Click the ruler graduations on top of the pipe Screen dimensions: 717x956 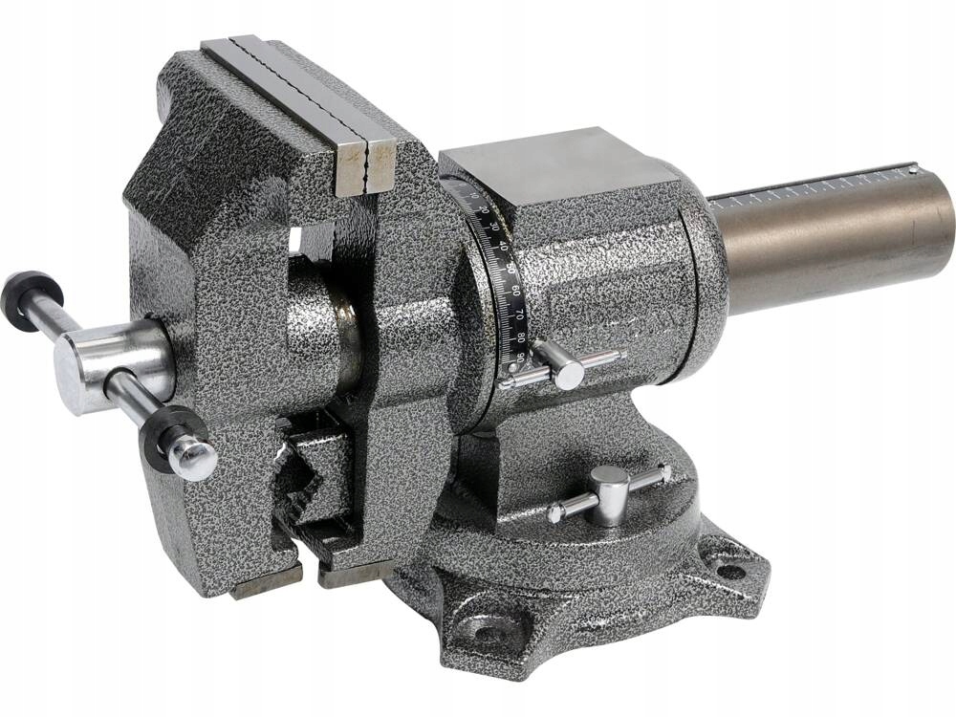point(813,188)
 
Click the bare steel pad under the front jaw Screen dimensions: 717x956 point(265,578)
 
